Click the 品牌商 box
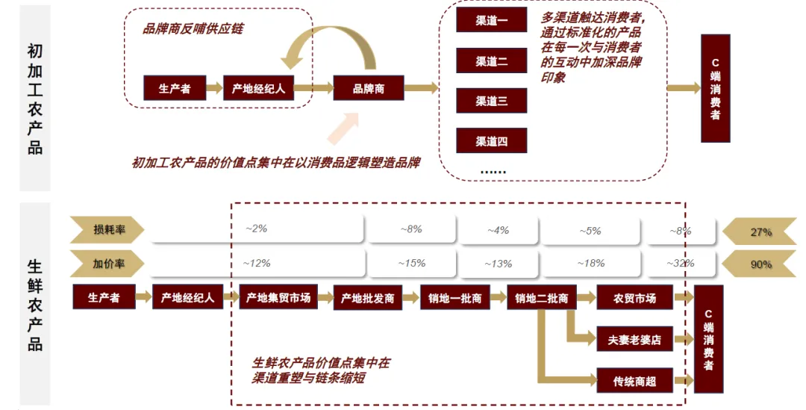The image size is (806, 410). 369,88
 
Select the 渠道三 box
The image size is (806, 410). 492,101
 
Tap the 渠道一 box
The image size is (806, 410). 492,21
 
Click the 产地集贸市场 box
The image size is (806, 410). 278,298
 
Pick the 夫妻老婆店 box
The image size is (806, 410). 634,339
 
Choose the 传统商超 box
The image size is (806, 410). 634,381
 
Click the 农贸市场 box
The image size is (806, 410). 634,298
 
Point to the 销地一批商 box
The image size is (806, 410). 454,298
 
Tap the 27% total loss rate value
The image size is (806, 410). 760,232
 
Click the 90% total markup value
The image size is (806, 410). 760,264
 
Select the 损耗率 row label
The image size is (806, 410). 109,230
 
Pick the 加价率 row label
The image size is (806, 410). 109,264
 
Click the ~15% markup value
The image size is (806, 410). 411,263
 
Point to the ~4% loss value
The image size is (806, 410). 498,231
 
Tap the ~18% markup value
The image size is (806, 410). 590,263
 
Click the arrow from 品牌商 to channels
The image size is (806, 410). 422,88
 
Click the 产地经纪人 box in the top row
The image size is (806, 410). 258,88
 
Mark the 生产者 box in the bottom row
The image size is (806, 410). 104,298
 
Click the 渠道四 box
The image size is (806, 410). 492,140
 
